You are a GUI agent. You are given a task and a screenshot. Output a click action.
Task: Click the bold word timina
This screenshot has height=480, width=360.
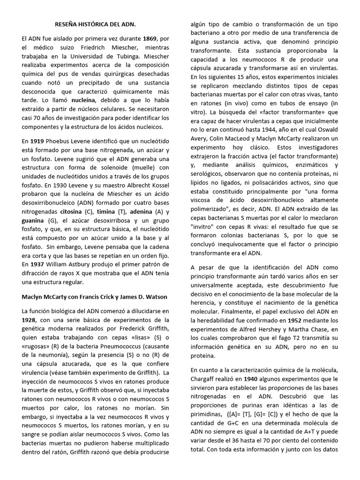coord(106,212)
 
